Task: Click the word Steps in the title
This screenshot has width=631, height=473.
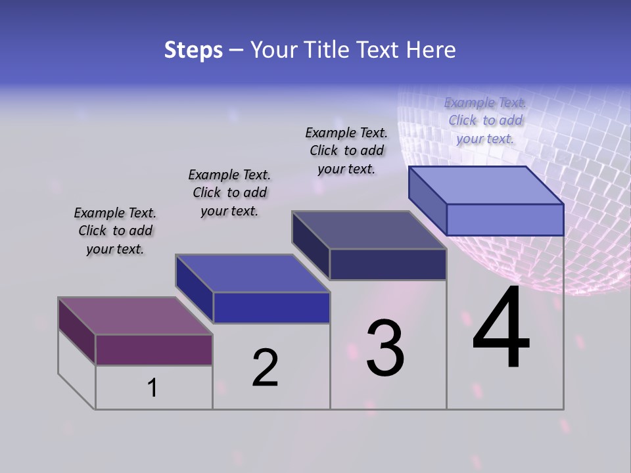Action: click(193, 50)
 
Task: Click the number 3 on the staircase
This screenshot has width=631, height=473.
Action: click(385, 348)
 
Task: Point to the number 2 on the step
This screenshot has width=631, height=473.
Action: click(265, 367)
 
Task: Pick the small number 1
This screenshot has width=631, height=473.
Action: click(152, 388)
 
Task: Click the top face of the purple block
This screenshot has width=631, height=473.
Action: click(135, 316)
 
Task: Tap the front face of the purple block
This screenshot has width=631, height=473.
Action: click(154, 349)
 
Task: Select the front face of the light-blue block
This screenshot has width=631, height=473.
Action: click(505, 219)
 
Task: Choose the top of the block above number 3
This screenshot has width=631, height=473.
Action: click(369, 230)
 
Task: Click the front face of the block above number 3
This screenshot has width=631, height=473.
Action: click(388, 264)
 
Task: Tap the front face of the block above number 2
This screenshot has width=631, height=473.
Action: click(271, 307)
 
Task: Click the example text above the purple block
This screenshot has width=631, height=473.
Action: click(115, 231)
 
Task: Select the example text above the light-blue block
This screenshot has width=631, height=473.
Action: click(485, 120)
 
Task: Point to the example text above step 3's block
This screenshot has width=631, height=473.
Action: click(346, 150)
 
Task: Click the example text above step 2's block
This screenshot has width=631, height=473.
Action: click(229, 192)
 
